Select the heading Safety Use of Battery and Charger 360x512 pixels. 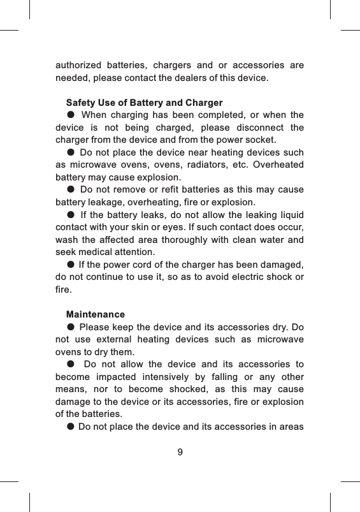click(x=144, y=103)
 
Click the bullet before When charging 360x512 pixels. click(x=70, y=115)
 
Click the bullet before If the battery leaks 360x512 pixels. click(x=70, y=214)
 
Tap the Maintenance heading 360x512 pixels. click(x=96, y=314)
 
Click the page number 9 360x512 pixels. click(x=180, y=452)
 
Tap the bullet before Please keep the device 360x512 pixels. click(x=70, y=327)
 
